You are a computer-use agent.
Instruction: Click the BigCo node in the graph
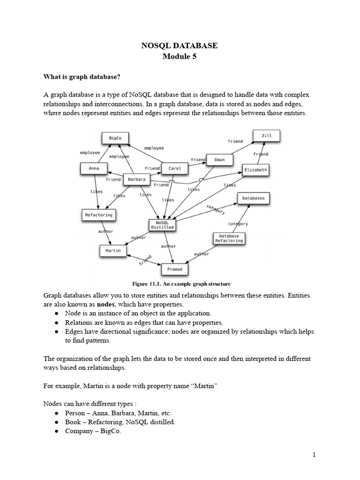click(115, 138)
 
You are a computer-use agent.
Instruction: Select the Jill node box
click(266, 136)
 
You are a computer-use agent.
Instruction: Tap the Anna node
click(93, 168)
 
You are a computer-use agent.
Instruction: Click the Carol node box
click(174, 168)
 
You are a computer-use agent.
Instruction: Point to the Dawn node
click(219, 159)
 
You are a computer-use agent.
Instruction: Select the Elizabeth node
click(255, 170)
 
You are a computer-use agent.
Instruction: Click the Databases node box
click(253, 198)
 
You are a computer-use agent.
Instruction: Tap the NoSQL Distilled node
click(162, 225)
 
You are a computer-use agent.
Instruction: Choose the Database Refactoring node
click(229, 238)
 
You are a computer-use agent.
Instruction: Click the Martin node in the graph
click(113, 251)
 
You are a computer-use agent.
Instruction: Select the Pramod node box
click(174, 270)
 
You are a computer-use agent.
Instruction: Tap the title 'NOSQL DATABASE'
click(180, 45)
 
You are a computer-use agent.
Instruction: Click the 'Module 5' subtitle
click(180, 57)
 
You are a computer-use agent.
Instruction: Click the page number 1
click(315, 455)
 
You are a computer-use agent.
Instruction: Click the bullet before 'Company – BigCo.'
click(56, 431)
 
